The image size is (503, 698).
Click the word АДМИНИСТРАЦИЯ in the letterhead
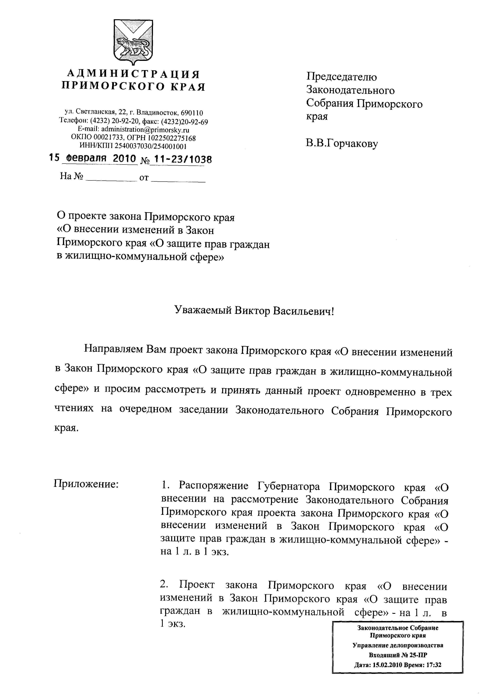pos(133,74)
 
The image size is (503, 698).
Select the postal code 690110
pos(192,113)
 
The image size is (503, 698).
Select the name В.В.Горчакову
pos(342,143)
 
